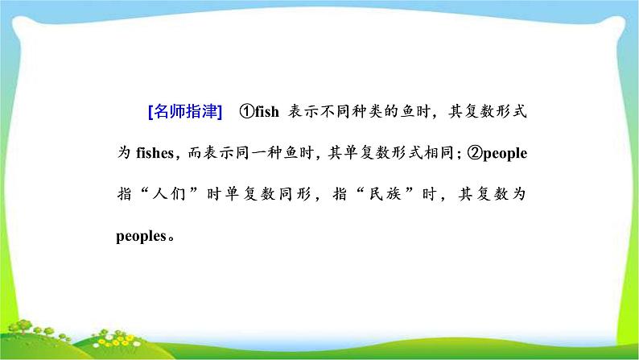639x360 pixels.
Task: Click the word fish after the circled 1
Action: click(x=266, y=113)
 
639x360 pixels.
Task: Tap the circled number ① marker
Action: click(x=245, y=113)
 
